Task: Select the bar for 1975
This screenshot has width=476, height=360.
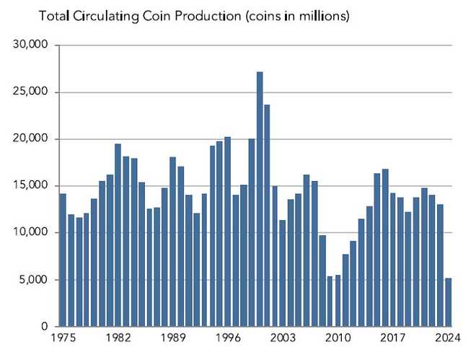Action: tap(63, 260)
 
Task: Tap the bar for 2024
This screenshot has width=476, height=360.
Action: tap(449, 302)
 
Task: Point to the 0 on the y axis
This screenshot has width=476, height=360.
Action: tap(45, 327)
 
